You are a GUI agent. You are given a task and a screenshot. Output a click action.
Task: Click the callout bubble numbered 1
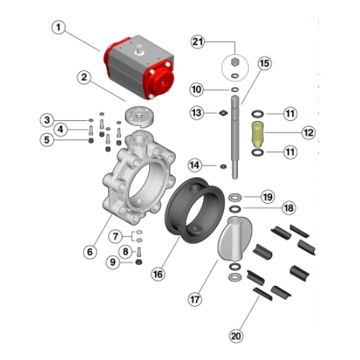click(x=58, y=27)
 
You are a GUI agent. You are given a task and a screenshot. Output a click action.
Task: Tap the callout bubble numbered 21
click(x=197, y=42)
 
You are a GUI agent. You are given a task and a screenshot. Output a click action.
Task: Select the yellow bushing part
click(x=257, y=135)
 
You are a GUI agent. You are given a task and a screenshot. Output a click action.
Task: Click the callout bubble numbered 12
click(x=308, y=132)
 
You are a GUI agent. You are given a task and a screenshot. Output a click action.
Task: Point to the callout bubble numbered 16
click(x=158, y=274)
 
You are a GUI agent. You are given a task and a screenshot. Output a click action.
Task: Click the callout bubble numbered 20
click(x=235, y=336)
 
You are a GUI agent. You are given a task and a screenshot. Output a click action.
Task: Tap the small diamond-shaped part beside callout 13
click(x=223, y=113)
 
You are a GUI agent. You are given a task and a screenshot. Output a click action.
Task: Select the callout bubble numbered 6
click(x=90, y=252)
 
